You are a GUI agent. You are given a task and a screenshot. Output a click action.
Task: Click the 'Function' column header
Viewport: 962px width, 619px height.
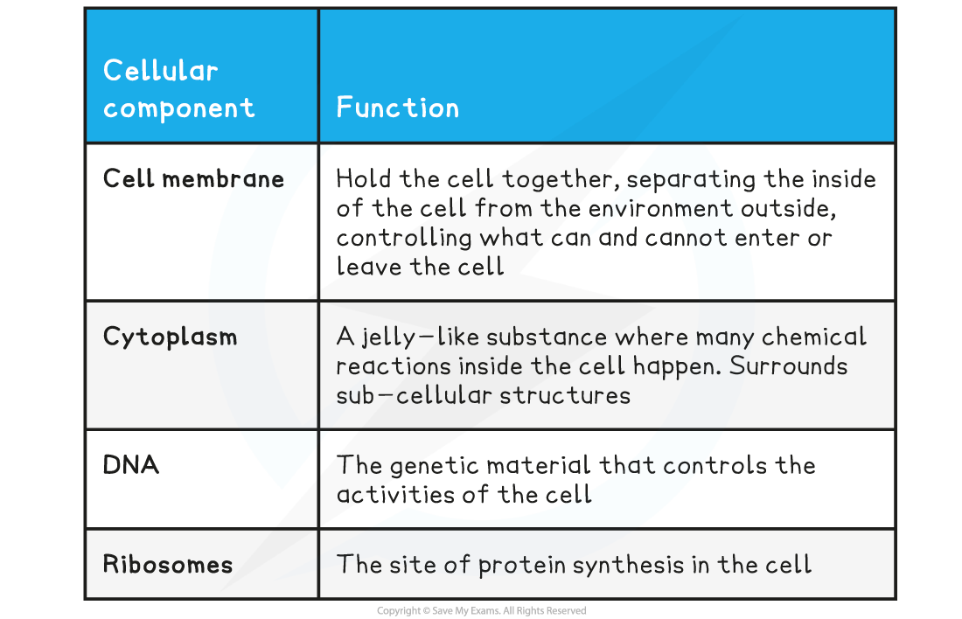(x=398, y=108)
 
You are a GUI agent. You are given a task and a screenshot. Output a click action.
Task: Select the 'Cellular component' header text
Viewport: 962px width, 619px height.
(x=178, y=89)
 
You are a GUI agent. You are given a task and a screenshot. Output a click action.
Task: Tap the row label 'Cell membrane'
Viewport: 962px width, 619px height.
(x=193, y=178)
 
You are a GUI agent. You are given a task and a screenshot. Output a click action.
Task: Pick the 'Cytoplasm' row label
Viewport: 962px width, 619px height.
(x=170, y=337)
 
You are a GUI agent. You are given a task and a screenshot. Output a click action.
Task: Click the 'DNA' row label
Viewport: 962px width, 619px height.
(x=130, y=464)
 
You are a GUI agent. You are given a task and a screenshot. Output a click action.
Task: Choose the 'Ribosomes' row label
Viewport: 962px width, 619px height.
(x=168, y=564)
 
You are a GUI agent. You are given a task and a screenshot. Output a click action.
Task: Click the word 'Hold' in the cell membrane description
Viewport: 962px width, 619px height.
(x=363, y=178)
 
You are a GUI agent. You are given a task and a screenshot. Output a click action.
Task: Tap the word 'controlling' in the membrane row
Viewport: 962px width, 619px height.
(x=404, y=238)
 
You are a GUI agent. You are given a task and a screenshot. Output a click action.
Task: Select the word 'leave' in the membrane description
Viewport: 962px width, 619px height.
(x=369, y=267)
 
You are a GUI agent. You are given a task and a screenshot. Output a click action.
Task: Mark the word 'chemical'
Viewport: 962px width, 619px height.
(x=814, y=337)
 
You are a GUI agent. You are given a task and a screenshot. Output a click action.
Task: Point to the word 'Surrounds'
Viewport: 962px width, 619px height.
(x=788, y=366)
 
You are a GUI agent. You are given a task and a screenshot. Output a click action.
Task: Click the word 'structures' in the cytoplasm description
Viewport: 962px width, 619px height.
(x=565, y=396)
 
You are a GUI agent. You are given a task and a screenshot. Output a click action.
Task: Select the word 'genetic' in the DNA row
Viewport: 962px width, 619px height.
(x=434, y=466)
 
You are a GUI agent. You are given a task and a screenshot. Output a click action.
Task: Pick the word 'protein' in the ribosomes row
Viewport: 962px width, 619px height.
(x=521, y=566)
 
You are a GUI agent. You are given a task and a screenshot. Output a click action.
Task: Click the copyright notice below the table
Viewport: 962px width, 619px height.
(x=482, y=610)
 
